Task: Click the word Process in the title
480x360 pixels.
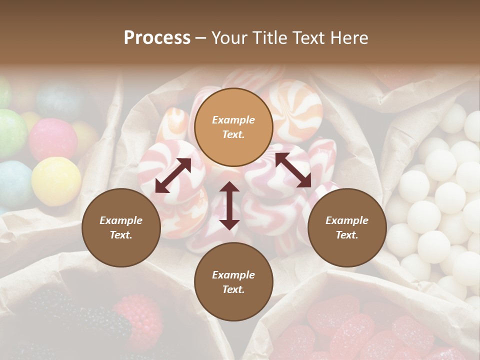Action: pyautogui.click(x=157, y=38)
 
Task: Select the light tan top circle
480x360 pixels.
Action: pyautogui.click(x=233, y=127)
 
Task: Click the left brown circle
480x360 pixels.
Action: pyautogui.click(x=121, y=227)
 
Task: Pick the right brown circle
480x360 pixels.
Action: pyautogui.click(x=347, y=227)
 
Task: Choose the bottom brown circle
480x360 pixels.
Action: pyautogui.click(x=233, y=282)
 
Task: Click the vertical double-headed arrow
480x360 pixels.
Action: pyautogui.click(x=229, y=205)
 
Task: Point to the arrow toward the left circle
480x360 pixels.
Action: pyautogui.click(x=173, y=175)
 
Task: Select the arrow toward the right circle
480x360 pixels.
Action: pyautogui.click(x=293, y=170)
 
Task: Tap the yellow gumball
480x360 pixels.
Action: pyautogui.click(x=56, y=181)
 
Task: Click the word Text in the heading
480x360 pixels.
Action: pyautogui.click(x=310, y=38)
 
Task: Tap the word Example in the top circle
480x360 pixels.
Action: pyautogui.click(x=233, y=120)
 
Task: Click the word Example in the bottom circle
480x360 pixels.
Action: pyautogui.click(x=233, y=275)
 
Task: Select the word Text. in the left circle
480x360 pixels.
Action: pyautogui.click(x=121, y=235)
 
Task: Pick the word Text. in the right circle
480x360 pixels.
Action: pyautogui.click(x=347, y=235)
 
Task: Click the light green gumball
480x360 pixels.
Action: pyautogui.click(x=11, y=132)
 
